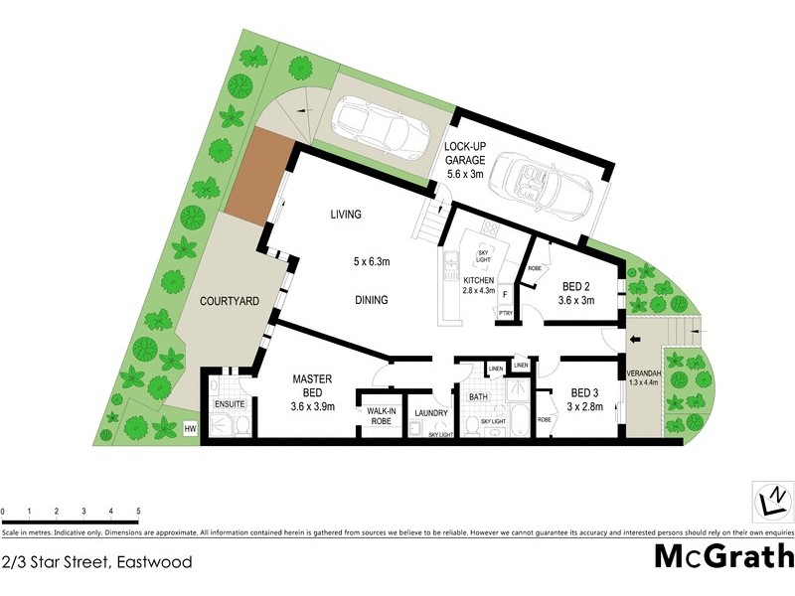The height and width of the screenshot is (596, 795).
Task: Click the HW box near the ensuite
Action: pos(191,428)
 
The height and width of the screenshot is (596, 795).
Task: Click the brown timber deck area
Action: pos(256,176)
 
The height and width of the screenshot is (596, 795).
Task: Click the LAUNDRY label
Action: pos(432,413)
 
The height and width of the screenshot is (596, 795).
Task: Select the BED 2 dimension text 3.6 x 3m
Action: pos(576,301)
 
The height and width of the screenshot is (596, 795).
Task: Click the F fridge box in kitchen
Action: pos(505,294)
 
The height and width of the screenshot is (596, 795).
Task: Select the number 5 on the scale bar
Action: pos(137,512)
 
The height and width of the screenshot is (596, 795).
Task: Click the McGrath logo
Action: pos(723,555)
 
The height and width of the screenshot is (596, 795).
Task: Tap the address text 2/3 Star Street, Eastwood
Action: pos(96,562)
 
